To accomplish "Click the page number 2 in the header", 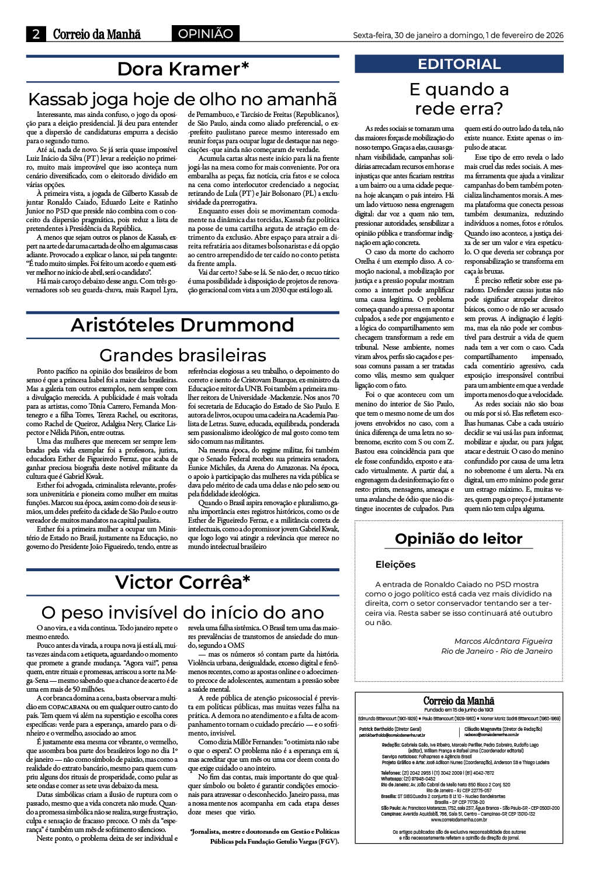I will pyautogui.click(x=36, y=34).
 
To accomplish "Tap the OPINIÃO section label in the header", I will pyautogui.click(x=205, y=34).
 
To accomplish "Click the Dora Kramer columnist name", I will pyautogui.click(x=183, y=69).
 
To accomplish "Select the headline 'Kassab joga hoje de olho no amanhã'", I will pyautogui.click(x=182, y=98).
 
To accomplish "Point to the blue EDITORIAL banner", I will pyautogui.click(x=459, y=64).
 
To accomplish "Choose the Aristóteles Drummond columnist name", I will pyautogui.click(x=182, y=325).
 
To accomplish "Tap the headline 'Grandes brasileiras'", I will pyautogui.click(x=182, y=355).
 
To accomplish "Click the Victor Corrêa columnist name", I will pyautogui.click(x=182, y=582).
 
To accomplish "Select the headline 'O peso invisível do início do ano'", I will pyautogui.click(x=182, y=612).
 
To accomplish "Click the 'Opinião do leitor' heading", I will pyautogui.click(x=459, y=538).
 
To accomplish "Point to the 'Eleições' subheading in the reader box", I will pyautogui.click(x=395, y=564).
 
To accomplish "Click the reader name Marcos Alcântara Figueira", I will pyautogui.click(x=503, y=641).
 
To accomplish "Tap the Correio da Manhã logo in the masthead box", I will pyautogui.click(x=459, y=701).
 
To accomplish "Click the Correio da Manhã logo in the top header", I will pyautogui.click(x=97, y=34).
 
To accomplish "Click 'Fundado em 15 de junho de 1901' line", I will pyautogui.click(x=459, y=709).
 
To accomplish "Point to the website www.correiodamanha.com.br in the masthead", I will pyautogui.click(x=459, y=820).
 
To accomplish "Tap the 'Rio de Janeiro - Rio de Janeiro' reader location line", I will pyautogui.click(x=497, y=651).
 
